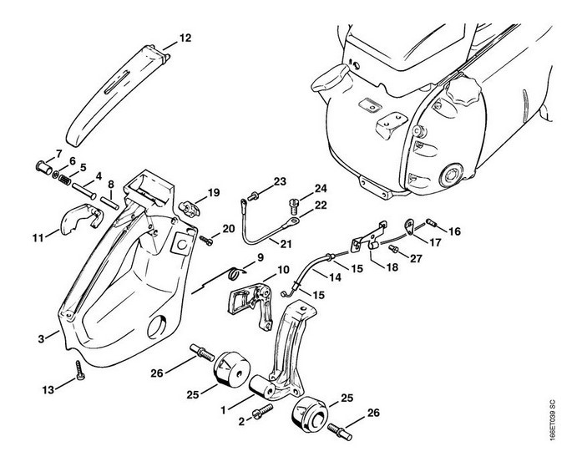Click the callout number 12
point(185,38)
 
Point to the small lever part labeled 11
point(78,224)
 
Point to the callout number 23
point(280,181)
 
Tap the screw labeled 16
point(433,221)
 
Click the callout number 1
point(223,410)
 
